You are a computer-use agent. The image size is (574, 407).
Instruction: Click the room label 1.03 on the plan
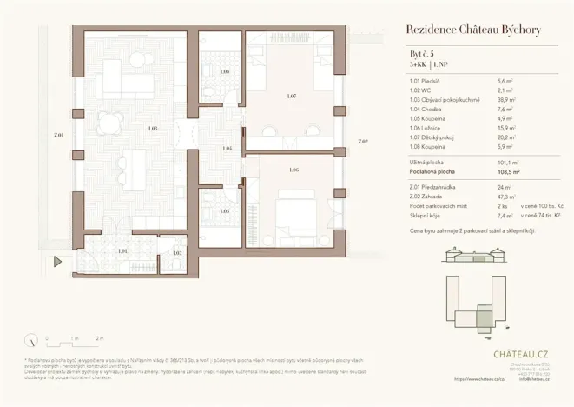coord(152,129)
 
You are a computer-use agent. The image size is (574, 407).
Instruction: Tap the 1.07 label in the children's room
coord(292,96)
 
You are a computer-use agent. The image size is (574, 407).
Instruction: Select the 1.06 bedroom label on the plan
coord(294,170)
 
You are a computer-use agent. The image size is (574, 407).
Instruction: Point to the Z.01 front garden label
coord(58,136)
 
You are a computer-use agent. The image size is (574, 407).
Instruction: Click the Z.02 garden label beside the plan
coord(362,141)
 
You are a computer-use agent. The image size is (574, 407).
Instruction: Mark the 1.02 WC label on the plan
coord(177,253)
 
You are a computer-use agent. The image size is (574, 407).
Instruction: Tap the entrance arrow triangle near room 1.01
coord(57,261)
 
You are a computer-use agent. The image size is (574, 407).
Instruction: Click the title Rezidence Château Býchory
coord(473,30)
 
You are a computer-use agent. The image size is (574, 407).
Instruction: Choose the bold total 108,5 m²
coord(508,172)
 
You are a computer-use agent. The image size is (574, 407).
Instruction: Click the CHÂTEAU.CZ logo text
coord(519,354)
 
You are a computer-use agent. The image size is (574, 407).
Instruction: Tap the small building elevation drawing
coord(474,255)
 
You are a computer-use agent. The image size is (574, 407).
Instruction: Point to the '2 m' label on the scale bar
coord(100,337)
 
